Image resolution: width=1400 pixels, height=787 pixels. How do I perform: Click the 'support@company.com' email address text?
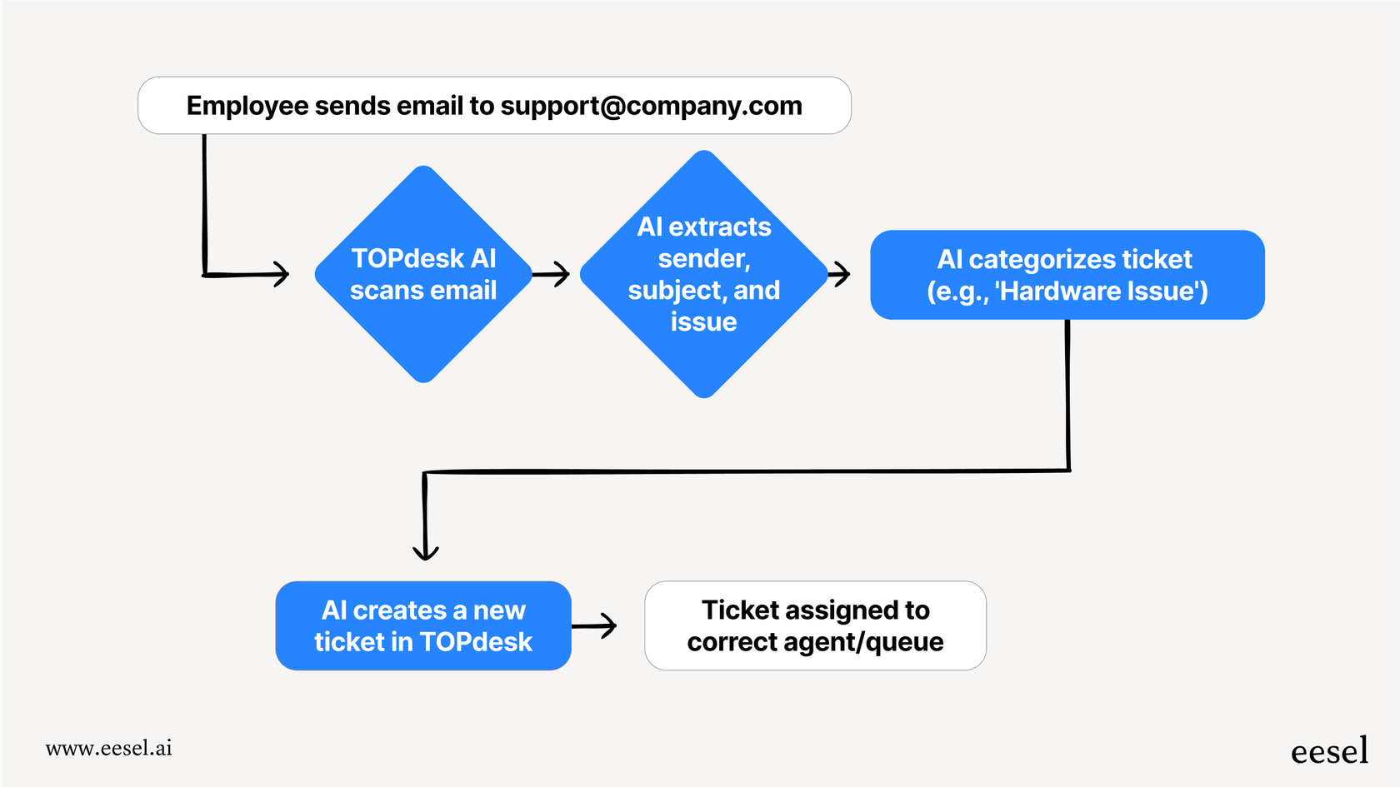pos(651,106)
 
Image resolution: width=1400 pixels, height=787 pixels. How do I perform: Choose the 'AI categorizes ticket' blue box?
pos(1067,275)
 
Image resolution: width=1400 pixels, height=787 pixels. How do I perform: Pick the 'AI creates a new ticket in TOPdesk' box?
pos(423,625)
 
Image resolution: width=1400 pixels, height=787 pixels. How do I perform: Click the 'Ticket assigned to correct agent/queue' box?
pos(815,625)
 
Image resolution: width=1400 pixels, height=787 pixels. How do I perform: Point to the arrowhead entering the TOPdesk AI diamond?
pos(281,273)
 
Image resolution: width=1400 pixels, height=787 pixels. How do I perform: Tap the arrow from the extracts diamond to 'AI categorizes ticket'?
pos(840,273)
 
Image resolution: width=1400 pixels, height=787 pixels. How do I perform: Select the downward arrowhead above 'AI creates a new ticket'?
pos(426,551)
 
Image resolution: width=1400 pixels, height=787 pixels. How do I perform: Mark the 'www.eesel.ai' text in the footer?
pos(109,748)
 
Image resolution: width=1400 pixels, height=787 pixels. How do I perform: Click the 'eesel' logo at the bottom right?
pos(1329,751)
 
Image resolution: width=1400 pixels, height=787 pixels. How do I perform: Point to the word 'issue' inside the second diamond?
pos(704,321)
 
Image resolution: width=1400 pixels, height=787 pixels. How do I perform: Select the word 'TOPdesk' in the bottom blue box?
pos(476,641)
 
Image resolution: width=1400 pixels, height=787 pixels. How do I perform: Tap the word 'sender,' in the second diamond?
pos(704,258)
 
